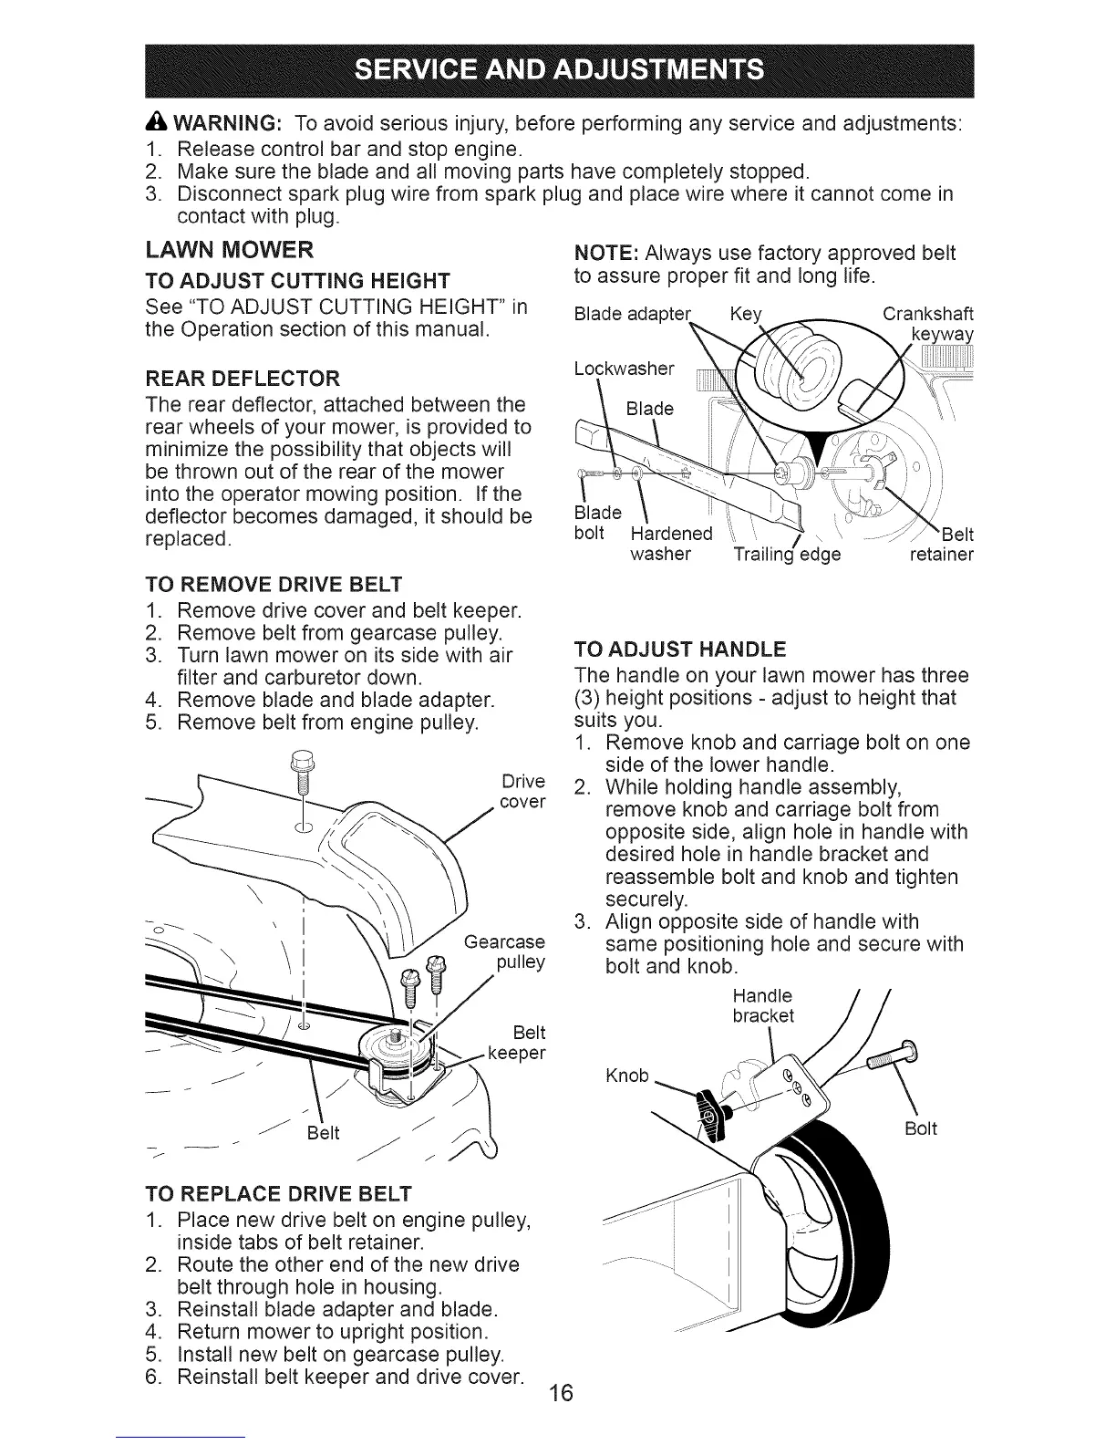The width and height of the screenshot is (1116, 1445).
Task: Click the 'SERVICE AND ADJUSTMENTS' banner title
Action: tap(558, 69)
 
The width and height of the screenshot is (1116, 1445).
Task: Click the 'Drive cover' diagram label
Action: tap(523, 792)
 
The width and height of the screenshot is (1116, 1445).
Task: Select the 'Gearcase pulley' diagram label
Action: tap(505, 952)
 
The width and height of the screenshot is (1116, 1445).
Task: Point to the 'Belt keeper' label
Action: tap(518, 1043)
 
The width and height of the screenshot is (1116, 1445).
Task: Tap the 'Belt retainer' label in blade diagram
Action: tap(943, 545)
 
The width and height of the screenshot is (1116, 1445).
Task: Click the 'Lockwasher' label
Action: tap(625, 369)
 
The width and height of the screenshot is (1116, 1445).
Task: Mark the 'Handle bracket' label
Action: tap(763, 1005)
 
